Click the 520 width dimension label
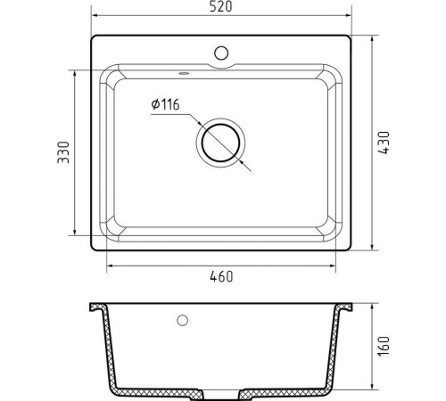tap(220, 6)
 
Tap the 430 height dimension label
tap(384, 143)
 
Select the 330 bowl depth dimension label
tap(63, 152)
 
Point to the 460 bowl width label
tap(221, 276)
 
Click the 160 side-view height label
tap(384, 346)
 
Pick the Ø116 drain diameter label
tap(165, 104)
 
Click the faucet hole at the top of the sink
tap(221, 53)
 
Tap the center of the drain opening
tap(220, 143)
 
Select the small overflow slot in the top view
tap(184, 73)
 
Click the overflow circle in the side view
tap(182, 320)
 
